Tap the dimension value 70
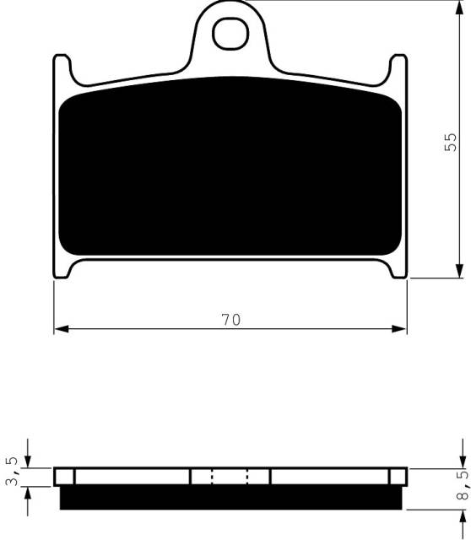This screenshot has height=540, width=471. point(230,320)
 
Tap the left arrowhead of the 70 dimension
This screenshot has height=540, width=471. point(60,328)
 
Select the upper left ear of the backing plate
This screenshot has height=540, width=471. point(61,69)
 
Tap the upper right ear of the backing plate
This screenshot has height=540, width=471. point(398,69)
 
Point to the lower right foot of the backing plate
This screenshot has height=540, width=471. point(398,269)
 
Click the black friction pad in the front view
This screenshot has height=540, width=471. point(230,169)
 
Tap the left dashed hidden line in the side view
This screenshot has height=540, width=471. point(212,477)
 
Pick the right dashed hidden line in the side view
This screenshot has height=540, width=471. point(247,477)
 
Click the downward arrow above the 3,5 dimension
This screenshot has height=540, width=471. point(29,461)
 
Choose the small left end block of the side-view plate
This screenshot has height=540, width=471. point(63,477)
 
